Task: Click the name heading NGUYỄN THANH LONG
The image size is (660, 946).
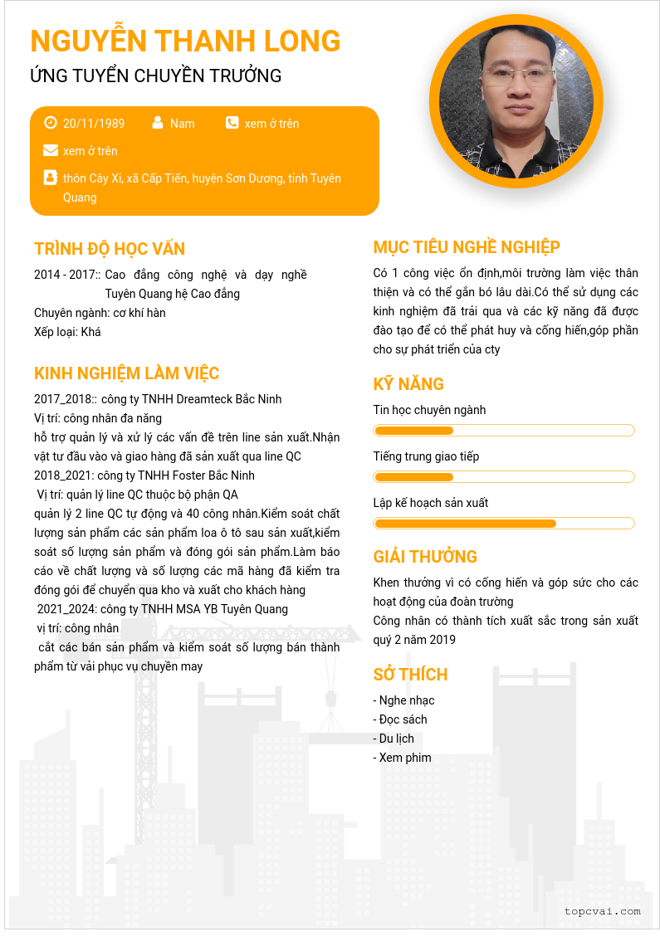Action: click(185, 41)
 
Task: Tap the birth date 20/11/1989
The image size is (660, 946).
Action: click(94, 124)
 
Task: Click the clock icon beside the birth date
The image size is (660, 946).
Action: click(51, 123)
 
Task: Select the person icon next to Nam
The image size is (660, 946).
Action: click(158, 123)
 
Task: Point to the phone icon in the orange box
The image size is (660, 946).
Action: click(232, 123)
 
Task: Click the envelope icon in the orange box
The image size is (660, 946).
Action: click(51, 150)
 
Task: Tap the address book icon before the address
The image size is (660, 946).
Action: click(51, 178)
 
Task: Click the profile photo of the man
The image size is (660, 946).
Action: click(516, 102)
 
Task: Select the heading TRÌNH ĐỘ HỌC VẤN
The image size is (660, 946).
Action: click(110, 249)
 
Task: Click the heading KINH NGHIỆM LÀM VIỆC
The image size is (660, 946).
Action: click(126, 373)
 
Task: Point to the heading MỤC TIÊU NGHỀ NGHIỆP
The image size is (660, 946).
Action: click(467, 247)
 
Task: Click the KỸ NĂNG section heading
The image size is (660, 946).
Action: click(408, 384)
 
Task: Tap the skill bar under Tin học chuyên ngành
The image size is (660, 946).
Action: click(504, 431)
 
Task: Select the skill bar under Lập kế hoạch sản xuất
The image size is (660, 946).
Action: click(504, 524)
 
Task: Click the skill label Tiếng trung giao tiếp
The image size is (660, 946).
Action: click(426, 456)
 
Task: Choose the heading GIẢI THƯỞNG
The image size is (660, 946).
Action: click(425, 557)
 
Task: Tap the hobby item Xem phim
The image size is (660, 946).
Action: click(403, 758)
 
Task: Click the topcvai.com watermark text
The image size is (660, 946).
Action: click(602, 911)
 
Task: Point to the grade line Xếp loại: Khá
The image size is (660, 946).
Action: click(67, 332)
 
